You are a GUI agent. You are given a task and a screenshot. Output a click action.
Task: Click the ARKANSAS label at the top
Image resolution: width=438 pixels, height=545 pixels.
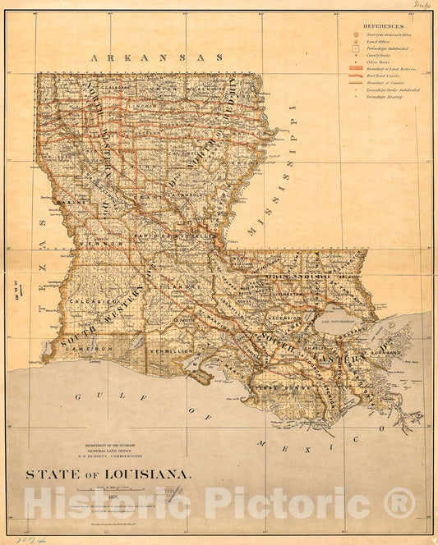pos(157,57)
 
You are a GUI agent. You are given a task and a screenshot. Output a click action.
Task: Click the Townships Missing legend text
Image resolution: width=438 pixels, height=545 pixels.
pos(383,96)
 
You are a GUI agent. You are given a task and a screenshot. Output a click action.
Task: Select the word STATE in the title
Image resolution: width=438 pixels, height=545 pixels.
pos(48,474)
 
